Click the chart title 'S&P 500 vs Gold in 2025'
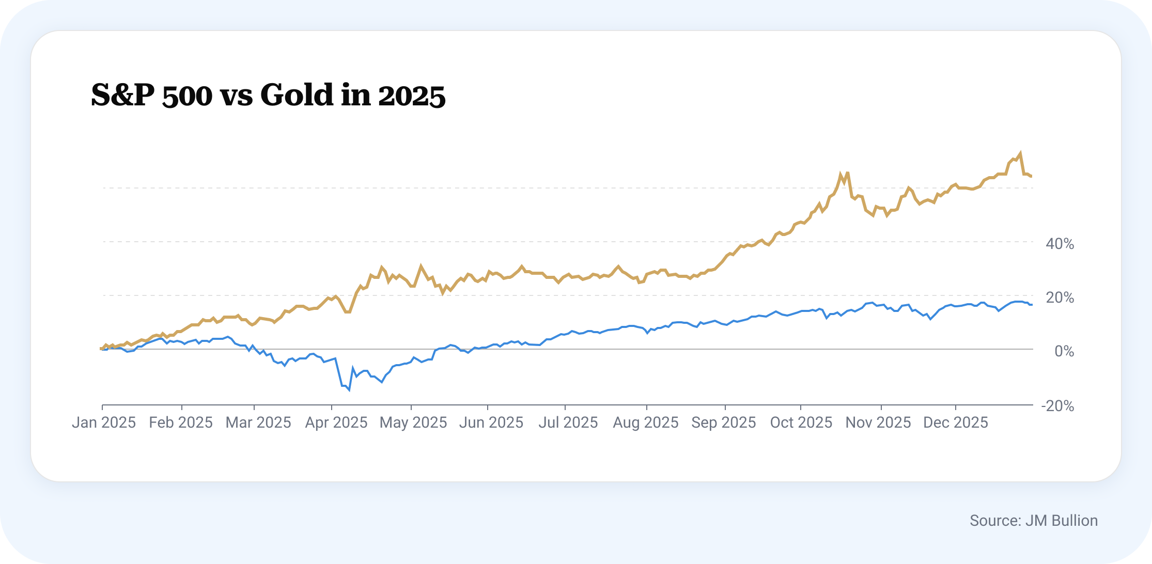pos(268,95)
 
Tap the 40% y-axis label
pos(1060,244)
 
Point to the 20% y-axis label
pos(1060,297)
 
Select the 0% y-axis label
pos(1064,351)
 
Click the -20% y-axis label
pos(1057,406)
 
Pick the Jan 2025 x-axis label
pos(104,422)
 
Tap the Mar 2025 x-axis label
pos(258,422)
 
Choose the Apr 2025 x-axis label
pos(336,422)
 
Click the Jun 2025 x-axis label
pos(491,422)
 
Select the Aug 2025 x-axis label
pos(646,422)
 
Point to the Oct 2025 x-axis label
pos(801,422)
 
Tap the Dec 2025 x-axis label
pos(956,422)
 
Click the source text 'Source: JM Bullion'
pos(1034,521)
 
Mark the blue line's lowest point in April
pos(349,390)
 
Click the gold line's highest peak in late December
pos(1020,153)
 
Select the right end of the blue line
pos(1032,305)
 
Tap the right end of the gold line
pos(1032,177)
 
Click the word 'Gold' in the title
pos(297,95)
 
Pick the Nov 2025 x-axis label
pos(878,422)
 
